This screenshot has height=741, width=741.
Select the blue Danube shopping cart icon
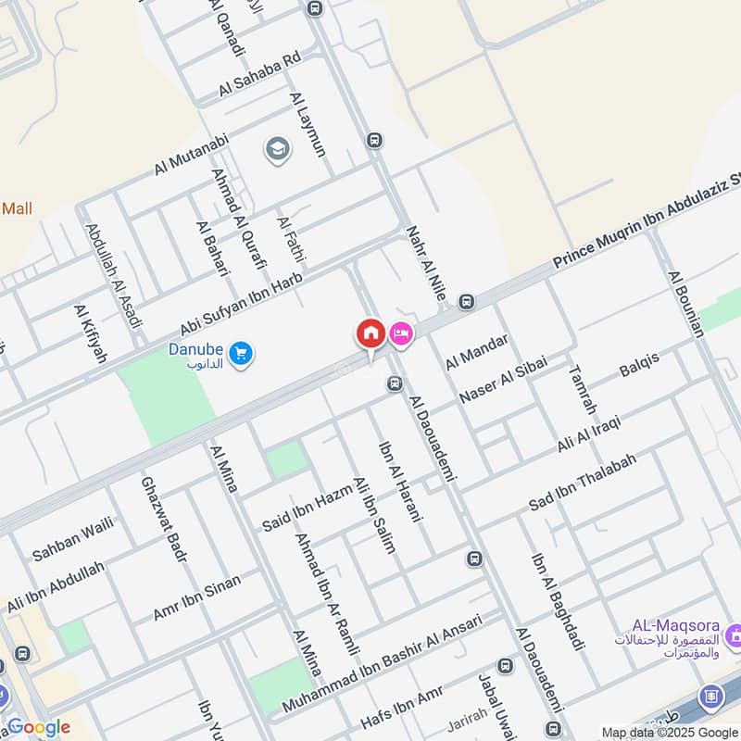pyautogui.click(x=241, y=353)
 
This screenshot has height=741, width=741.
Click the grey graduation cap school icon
pyautogui.click(x=275, y=148)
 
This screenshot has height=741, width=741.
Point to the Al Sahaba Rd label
pyautogui.click(x=260, y=74)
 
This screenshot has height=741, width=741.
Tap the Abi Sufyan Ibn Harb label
pyautogui.click(x=242, y=307)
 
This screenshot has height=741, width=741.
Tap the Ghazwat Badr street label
pyautogui.click(x=164, y=519)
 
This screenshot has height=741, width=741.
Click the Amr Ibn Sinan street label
pyautogui.click(x=196, y=597)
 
